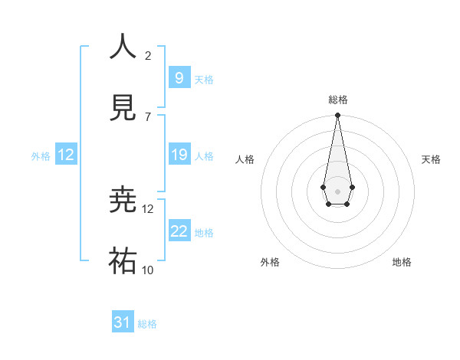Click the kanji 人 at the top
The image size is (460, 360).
[x=123, y=47]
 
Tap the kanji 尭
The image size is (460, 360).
[x=123, y=200]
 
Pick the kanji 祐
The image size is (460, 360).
[x=123, y=261]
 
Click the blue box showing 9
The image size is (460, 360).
[x=179, y=77]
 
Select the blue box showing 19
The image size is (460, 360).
[x=179, y=155]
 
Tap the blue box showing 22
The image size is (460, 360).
[x=179, y=231]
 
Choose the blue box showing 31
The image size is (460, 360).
[x=123, y=322]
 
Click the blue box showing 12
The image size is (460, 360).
[x=66, y=155]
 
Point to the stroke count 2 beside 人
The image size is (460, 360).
[x=148, y=55]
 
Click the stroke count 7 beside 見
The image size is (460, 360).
[x=148, y=116]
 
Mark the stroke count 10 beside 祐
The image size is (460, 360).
[x=148, y=270]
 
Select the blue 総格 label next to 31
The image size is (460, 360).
[x=147, y=324]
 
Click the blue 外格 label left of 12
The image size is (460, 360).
[x=41, y=156]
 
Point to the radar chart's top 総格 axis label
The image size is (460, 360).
[x=337, y=100]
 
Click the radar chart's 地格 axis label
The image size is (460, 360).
[x=402, y=262]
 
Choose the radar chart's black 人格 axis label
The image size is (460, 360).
[x=245, y=159]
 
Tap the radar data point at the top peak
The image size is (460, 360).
[x=337, y=115]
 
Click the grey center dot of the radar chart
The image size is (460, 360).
[x=337, y=190]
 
